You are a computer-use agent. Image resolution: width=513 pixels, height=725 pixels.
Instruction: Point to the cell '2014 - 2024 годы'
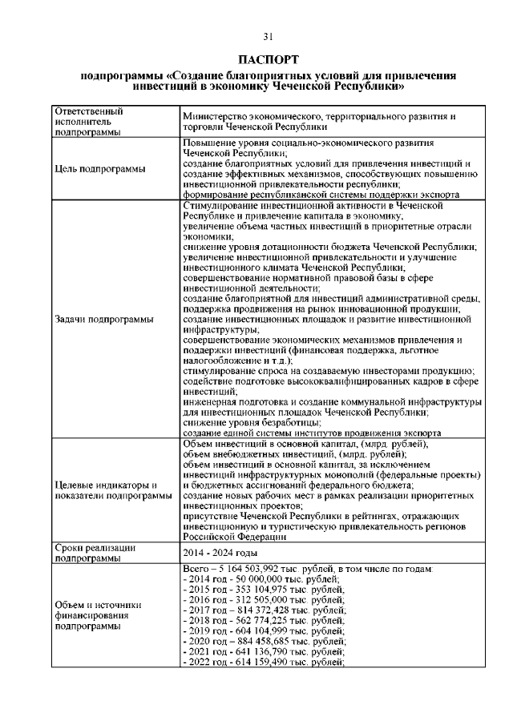(x=220, y=554)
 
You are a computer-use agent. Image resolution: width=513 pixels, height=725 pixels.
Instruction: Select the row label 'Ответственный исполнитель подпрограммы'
(x=89, y=121)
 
